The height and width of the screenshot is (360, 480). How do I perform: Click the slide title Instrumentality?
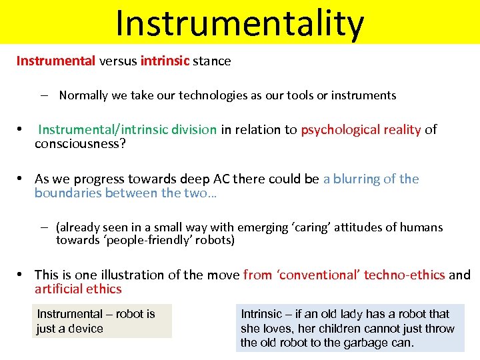[x=239, y=23]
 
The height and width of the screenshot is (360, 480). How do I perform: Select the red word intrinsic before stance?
[x=165, y=61]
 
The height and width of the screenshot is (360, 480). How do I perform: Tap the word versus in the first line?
[x=118, y=61]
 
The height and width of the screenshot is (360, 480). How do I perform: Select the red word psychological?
[x=335, y=129]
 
